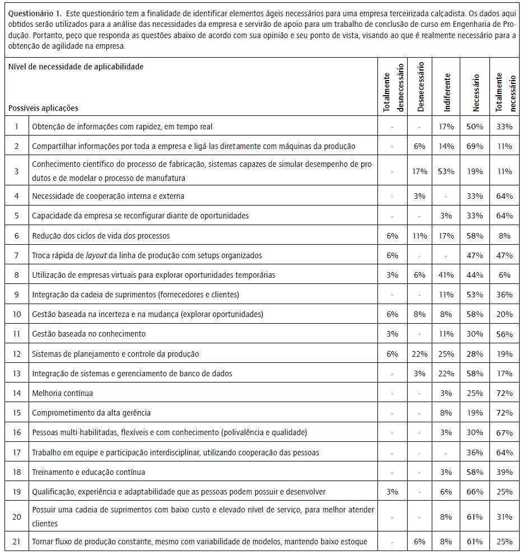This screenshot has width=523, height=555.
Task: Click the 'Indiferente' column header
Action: click(x=446, y=86)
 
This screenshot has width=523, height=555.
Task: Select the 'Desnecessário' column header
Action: click(x=421, y=86)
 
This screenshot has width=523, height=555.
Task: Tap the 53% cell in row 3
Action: click(x=446, y=171)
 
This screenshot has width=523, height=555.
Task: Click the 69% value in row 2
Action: click(x=475, y=146)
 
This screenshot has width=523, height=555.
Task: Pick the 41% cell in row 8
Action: click(x=446, y=275)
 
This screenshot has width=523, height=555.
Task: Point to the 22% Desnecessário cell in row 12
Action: click(x=421, y=354)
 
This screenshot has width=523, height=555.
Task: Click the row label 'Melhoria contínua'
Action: click(x=63, y=393)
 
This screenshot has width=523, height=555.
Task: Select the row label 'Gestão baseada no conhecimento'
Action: click(x=88, y=334)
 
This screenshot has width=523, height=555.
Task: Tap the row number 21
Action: click(x=17, y=542)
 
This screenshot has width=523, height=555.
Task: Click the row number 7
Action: click(x=17, y=255)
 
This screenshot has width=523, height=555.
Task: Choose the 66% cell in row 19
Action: click(x=475, y=492)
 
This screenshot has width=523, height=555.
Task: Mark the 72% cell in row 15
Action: click(x=503, y=413)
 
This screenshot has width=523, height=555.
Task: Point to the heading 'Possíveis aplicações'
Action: click(x=44, y=108)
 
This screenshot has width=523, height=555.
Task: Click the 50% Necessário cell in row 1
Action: click(x=475, y=127)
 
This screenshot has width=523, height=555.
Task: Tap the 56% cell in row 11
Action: click(x=503, y=334)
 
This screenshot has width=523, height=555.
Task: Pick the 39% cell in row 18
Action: click(x=503, y=472)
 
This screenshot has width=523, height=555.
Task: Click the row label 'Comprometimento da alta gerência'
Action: click(x=91, y=413)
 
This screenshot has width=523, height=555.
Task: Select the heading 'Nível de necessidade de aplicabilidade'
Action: click(x=76, y=67)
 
